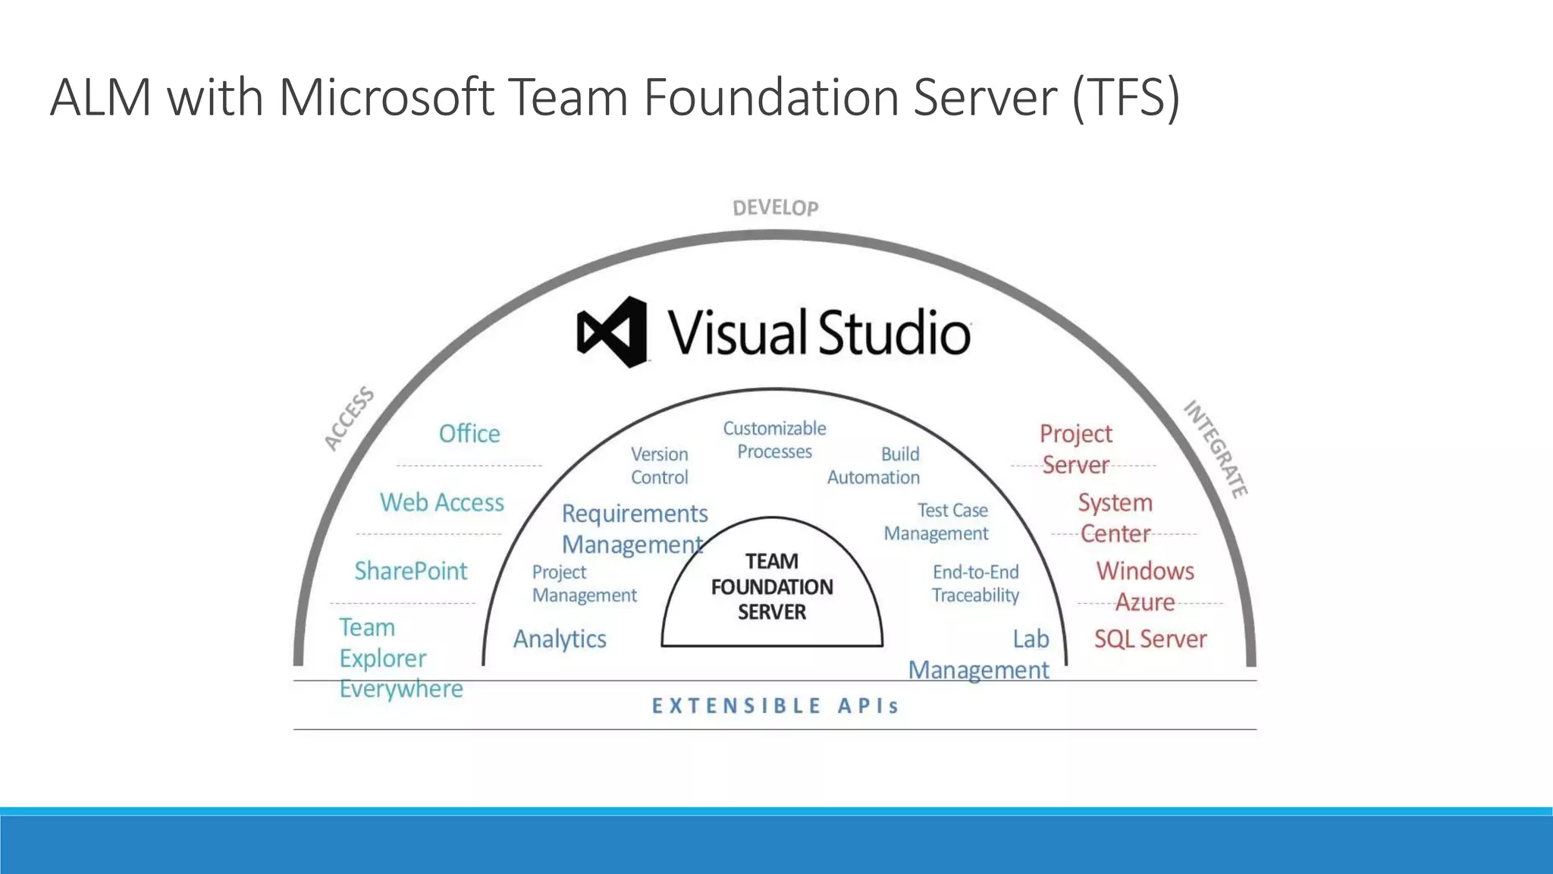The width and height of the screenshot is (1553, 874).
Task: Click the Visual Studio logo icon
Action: (613, 332)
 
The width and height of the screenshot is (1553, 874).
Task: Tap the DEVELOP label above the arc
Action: (775, 208)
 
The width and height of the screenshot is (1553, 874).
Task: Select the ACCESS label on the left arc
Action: (349, 417)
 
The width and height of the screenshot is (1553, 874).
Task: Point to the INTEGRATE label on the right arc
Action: (1216, 449)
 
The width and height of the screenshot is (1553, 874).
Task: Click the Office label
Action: (469, 434)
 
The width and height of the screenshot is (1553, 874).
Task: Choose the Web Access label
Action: (442, 502)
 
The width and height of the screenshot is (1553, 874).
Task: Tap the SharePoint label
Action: (411, 571)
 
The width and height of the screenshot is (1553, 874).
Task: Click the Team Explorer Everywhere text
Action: (400, 658)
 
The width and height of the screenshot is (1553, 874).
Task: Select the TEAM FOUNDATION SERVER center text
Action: (772, 586)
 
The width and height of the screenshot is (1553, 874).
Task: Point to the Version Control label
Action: (660, 466)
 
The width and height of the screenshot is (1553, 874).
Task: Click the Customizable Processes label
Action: (774, 440)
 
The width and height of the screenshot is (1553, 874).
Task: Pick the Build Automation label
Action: (874, 466)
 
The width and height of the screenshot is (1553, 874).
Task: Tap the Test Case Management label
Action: (937, 522)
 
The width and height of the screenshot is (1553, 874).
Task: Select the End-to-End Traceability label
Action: (975, 583)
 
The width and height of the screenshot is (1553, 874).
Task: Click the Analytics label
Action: (560, 639)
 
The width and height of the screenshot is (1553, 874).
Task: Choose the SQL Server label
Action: (1150, 639)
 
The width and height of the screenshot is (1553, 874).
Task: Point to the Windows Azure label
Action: (1145, 586)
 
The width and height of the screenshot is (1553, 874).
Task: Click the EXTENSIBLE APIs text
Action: (775, 706)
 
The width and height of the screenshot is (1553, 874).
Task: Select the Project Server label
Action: (1075, 449)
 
